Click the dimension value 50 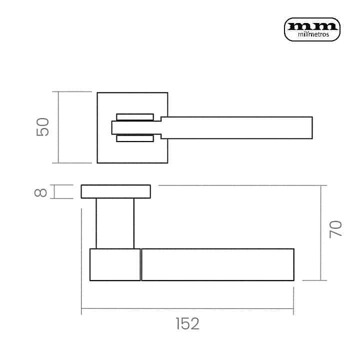click(x=42, y=127)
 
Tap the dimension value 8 click(x=40, y=192)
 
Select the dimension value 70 click(x=335, y=229)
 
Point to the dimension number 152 click(x=187, y=323)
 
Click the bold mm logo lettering click(x=312, y=26)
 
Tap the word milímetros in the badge click(x=313, y=34)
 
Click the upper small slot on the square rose click(x=135, y=117)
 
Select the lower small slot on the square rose click(x=135, y=138)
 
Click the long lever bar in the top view click(x=236, y=127)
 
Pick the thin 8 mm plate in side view click(x=115, y=191)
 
